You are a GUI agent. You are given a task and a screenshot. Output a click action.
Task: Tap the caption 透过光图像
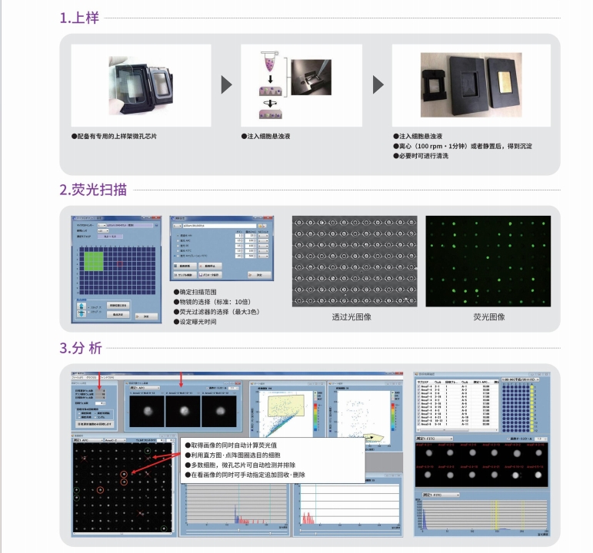coord(354,316)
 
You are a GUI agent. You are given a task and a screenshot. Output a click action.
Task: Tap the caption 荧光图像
coord(488,316)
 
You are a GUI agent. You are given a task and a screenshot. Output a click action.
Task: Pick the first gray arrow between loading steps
coord(226,84)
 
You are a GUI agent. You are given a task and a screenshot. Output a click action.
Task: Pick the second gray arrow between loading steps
coord(378,84)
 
